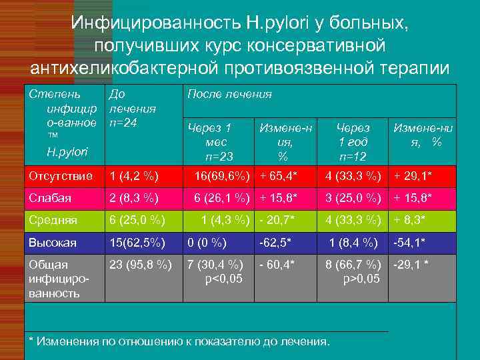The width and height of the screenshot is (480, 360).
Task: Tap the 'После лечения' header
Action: pos(229,95)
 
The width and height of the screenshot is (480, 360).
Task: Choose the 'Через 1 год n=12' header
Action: pos(353,141)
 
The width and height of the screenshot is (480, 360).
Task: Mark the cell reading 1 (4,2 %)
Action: pos(133,176)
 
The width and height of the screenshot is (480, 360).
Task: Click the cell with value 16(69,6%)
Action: pos(222,176)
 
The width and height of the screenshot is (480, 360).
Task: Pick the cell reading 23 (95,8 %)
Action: pos(140,265)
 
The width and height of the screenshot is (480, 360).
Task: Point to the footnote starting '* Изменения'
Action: pos(180,341)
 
